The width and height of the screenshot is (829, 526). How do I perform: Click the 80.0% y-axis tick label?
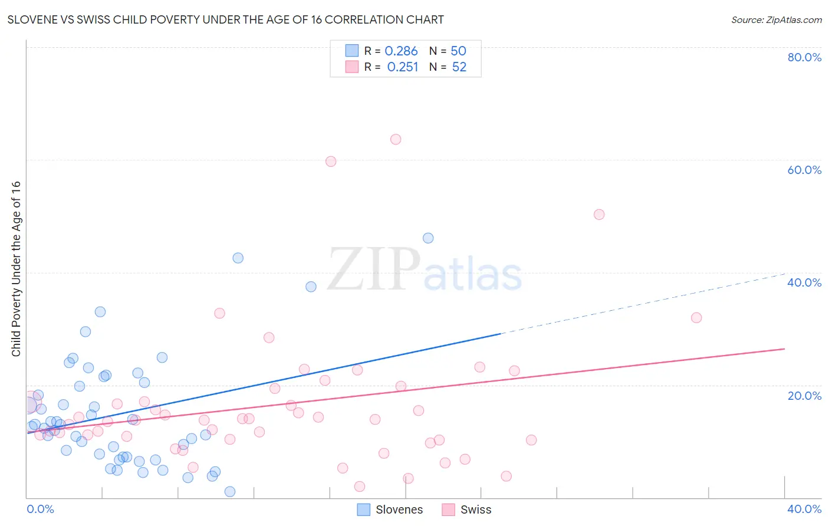804,57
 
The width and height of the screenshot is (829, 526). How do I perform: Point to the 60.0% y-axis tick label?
804,170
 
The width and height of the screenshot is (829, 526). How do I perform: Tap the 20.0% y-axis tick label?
804,396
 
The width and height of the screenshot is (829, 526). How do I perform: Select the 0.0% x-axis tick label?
40,509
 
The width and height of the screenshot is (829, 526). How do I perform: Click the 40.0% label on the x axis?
804,509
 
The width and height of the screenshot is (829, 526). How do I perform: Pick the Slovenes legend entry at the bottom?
390,509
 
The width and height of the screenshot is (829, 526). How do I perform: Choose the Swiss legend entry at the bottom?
466,509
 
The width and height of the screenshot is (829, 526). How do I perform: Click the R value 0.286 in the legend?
401,51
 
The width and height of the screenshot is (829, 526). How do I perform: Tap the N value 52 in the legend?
459,67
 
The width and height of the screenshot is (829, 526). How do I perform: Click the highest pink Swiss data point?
396,139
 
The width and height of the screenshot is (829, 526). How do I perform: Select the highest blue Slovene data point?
428,238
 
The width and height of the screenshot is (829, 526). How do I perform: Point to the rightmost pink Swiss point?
696,318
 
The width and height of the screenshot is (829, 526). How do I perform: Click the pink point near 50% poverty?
599,215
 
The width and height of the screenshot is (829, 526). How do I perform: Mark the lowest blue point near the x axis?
230,492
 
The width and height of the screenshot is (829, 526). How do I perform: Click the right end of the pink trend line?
784,349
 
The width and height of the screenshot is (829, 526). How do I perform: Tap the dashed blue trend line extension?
643,304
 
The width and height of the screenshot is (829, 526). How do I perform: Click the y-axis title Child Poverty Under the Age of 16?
17,269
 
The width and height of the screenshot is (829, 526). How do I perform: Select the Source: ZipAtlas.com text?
776,20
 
